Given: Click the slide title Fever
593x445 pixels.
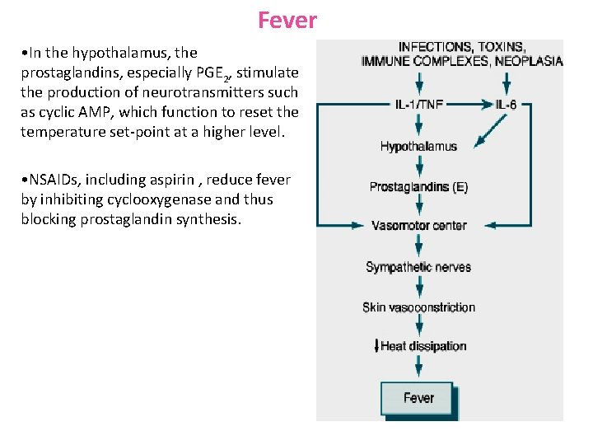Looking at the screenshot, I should pyautogui.click(x=287, y=20).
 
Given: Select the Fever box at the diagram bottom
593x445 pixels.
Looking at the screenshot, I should pyautogui.click(x=418, y=398).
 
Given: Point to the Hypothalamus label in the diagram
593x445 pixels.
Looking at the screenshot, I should pyautogui.click(x=418, y=147).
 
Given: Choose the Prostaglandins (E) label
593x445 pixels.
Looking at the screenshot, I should pyautogui.click(x=418, y=187).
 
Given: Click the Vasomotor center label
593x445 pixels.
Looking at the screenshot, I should pyautogui.click(x=418, y=226).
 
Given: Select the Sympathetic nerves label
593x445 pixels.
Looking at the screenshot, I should pyautogui.click(x=418, y=267).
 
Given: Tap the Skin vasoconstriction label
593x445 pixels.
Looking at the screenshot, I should pyautogui.click(x=418, y=307).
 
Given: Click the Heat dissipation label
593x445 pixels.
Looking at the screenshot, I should pyautogui.click(x=423, y=346).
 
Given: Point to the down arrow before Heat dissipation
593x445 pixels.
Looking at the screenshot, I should pyautogui.click(x=376, y=346).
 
